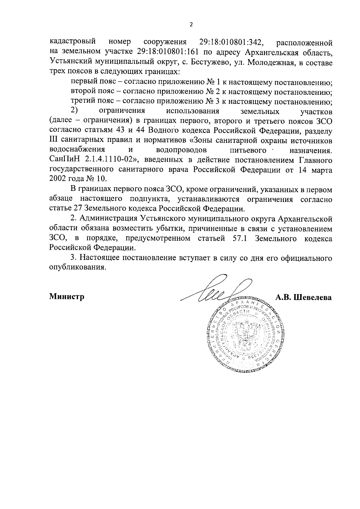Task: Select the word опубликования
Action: (78, 268)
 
